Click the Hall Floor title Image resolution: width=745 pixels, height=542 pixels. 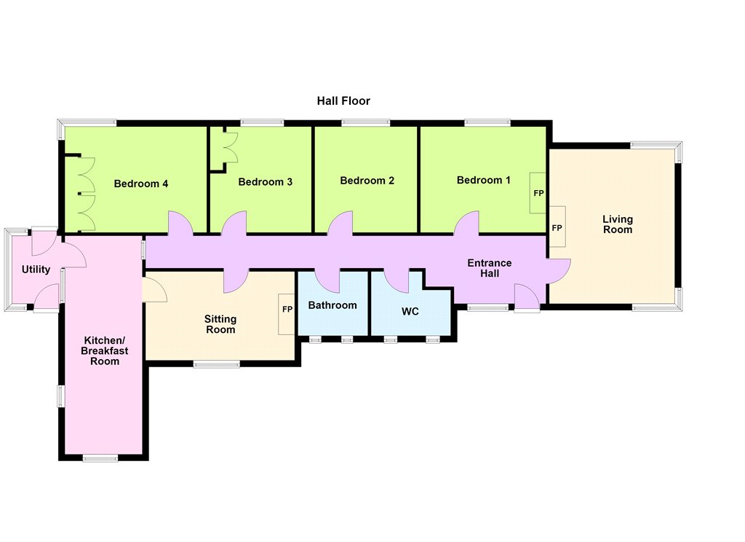coord(343,101)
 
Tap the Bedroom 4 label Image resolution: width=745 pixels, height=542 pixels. coord(141,184)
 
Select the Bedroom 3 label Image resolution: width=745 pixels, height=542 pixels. coord(265,182)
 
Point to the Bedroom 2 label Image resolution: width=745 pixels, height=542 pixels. coord(367,181)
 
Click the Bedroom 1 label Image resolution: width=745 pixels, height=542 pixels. coord(484,180)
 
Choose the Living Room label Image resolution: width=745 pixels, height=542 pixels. coord(618,224)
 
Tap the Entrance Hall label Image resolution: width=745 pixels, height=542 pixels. coord(490,268)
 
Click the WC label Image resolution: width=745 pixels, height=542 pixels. coord(410,311)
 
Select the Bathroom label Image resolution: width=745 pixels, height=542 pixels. coord(332,305)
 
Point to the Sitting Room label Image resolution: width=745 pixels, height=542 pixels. coord(220,324)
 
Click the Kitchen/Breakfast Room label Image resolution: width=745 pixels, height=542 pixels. coord(105,350)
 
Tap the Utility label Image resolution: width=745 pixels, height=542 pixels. coord(36,270)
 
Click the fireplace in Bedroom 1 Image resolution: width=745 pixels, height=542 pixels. coord(538,193)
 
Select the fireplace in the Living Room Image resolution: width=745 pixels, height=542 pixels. coord(557,227)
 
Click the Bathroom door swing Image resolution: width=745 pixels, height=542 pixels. coord(327,280)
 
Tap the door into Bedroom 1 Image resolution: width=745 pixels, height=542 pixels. coord(466,223)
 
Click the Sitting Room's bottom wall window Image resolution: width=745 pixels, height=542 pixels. coord(217,364)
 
